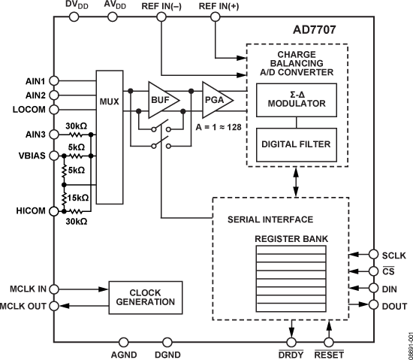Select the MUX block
tap(110, 99)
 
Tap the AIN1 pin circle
tap(53, 80)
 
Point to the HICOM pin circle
tap(53, 213)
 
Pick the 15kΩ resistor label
tap(77, 198)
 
